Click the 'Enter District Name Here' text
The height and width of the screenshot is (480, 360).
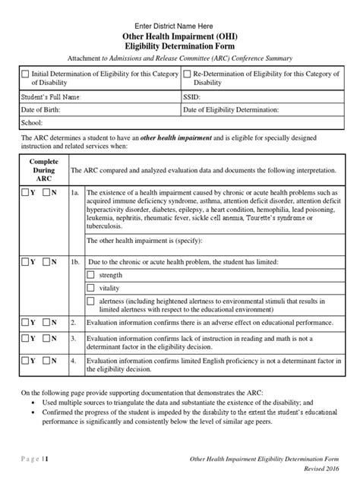tap(180, 26)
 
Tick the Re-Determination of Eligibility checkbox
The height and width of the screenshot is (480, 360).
tap(188, 74)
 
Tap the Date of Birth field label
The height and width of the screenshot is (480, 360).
tap(41, 109)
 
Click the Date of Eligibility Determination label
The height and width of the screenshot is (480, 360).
tap(231, 109)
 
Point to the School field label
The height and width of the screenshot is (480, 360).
tap(31, 122)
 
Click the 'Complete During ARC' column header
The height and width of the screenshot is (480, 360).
tap(43, 172)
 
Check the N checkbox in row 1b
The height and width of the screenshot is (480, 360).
tap(46, 261)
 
